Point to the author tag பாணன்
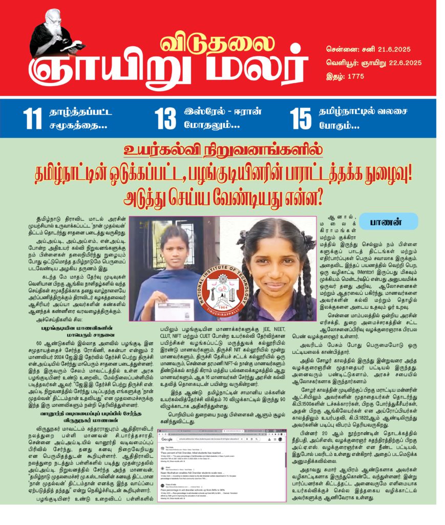pyautogui.click(x=387, y=221)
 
